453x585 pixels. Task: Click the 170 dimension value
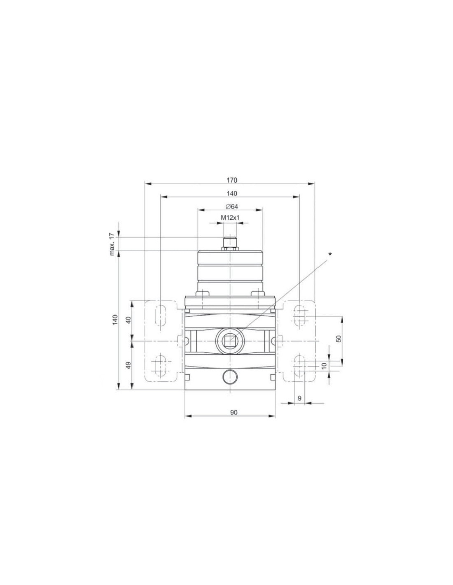pyautogui.click(x=231, y=180)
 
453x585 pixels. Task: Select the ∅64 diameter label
pyautogui.click(x=231, y=207)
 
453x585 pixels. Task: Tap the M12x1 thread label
pyautogui.click(x=230, y=218)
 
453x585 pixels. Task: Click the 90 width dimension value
pyautogui.click(x=234, y=412)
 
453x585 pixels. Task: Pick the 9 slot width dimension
pyautogui.click(x=299, y=398)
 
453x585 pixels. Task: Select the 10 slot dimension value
pyautogui.click(x=324, y=365)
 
